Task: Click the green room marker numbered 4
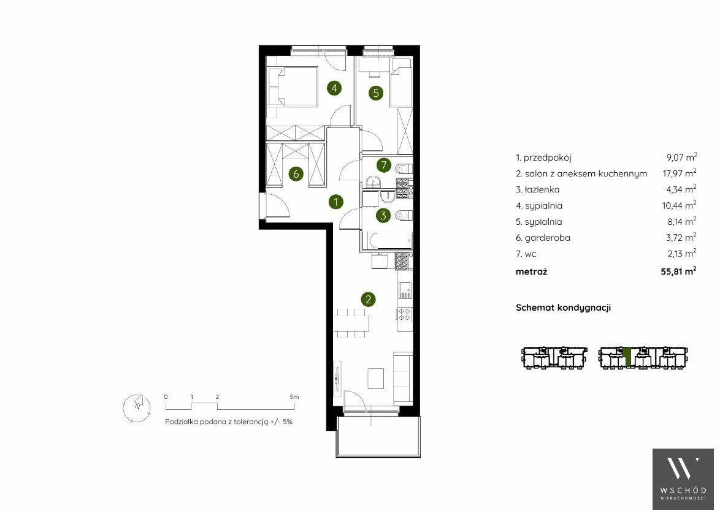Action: pos(334,88)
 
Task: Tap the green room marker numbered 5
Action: pos(375,93)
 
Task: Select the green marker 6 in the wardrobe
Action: pos(296,174)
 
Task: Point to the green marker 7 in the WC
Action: pos(384,165)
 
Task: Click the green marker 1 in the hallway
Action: pos(336,202)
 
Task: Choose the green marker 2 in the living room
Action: pos(368,300)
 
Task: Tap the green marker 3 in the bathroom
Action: pos(383,215)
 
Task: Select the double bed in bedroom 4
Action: pos(293,87)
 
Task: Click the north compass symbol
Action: pos(137,406)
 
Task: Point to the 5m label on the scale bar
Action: pos(294,396)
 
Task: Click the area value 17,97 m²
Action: pos(679,173)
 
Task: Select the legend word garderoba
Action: pos(547,238)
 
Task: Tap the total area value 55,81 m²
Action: pos(678,271)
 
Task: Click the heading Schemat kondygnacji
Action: pos(563,308)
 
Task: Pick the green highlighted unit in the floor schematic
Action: pos(627,359)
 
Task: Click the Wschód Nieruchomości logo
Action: pos(683,479)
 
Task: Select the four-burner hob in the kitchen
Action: pos(405,314)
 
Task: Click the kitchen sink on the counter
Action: pos(405,289)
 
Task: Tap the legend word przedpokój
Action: pos(547,157)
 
